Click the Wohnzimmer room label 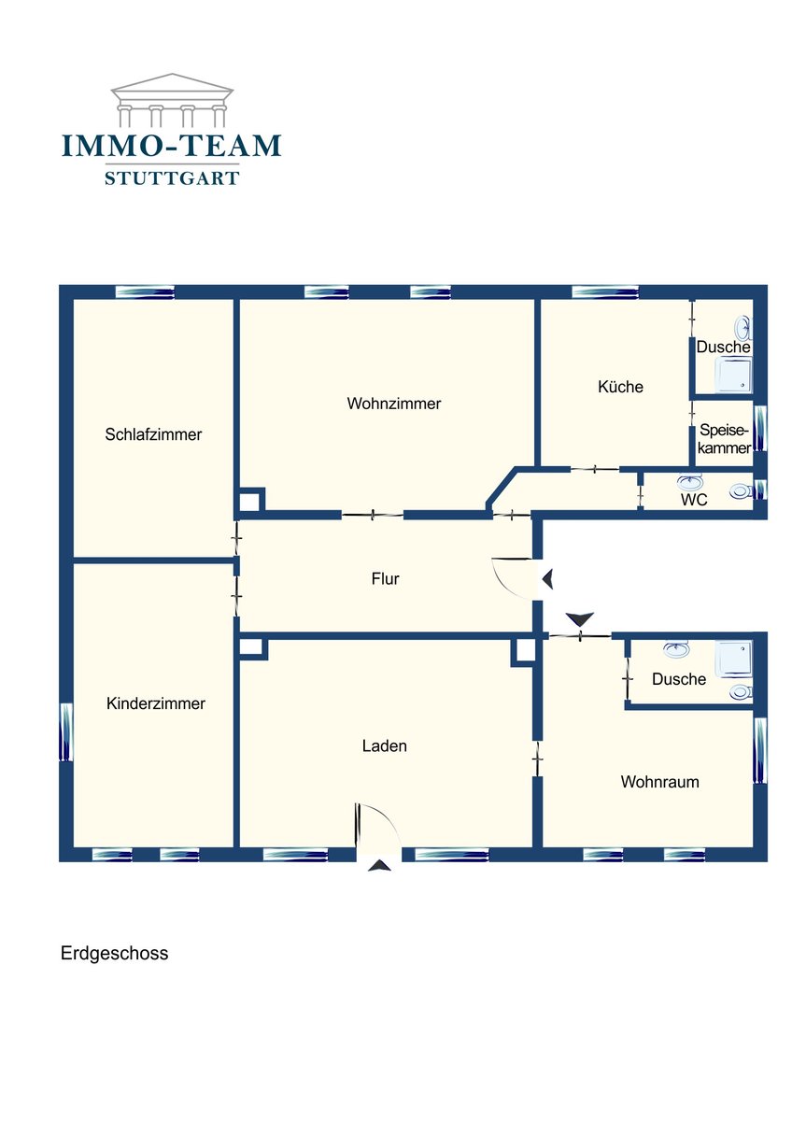pos(394,404)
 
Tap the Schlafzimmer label pos(153,434)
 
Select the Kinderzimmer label pos(156,703)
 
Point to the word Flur pos(385,579)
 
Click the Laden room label pos(384,746)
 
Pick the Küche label pos(620,387)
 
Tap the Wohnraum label pos(660,782)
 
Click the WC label pos(694,500)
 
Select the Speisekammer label pos(725,438)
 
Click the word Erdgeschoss pos(115,953)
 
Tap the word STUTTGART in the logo pos(172,177)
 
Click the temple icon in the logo pos(172,99)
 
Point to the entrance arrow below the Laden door pos(380,865)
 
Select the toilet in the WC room pos(741,491)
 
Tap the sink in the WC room pos(689,482)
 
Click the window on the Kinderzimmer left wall pos(66,732)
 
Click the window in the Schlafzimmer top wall pos(145,291)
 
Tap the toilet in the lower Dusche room pos(741,692)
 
